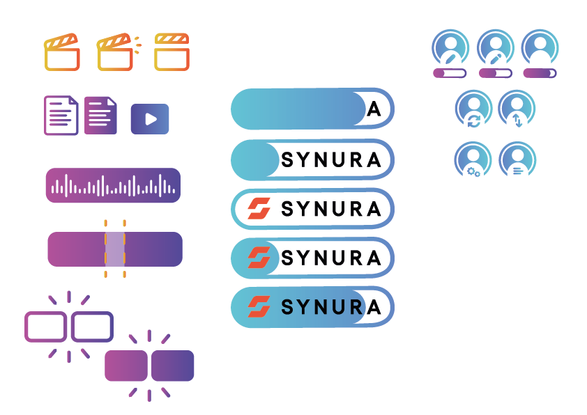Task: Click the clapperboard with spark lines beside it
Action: [115, 52]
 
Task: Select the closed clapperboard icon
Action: [171, 52]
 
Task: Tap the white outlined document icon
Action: [61, 115]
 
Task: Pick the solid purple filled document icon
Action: [100, 115]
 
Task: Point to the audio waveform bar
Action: [113, 185]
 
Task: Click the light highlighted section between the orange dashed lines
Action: [115, 249]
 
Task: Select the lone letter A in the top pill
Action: [374, 109]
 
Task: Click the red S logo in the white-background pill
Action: [259, 208]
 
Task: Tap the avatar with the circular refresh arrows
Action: [473, 109]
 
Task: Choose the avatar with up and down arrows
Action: [517, 109]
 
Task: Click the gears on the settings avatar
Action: [473, 171]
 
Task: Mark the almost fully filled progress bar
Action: [540, 73]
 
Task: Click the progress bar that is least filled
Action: [450, 73]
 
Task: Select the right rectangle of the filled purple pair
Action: [172, 366]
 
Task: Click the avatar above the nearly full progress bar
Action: [540, 47]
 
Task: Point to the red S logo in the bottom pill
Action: [259, 306]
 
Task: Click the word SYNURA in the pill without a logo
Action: [331, 159]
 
